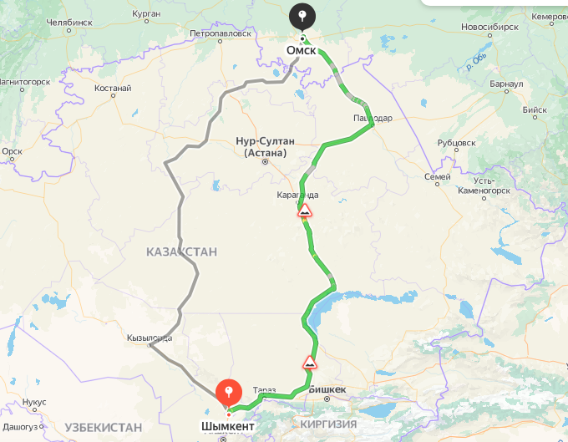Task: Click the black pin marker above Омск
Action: tap(302, 16)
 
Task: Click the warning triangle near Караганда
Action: tap(305, 210)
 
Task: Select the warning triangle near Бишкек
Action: tap(309, 363)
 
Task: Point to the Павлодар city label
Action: tap(373, 118)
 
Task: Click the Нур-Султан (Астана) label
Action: tap(265, 147)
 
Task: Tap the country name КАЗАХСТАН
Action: tap(181, 251)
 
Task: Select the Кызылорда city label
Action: tap(150, 338)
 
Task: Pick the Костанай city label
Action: tap(113, 87)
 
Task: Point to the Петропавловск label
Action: tap(221, 34)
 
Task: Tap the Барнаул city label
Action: tap(507, 84)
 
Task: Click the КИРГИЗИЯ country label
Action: tap(328, 424)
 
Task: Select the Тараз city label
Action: tap(265, 390)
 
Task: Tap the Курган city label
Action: tap(145, 14)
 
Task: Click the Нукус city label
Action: tap(34, 402)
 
